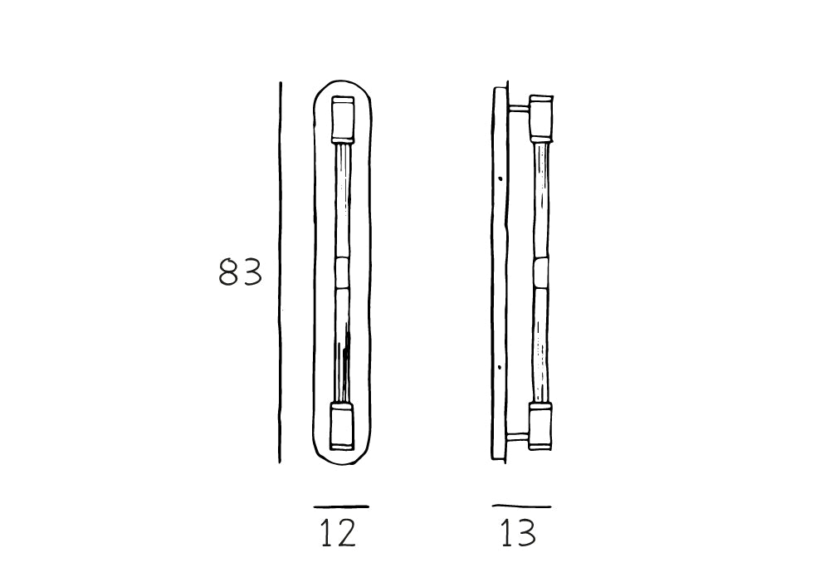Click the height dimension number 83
click(241, 272)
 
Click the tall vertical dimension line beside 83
click(280, 272)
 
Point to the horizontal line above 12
click(341, 506)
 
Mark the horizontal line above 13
click(521, 506)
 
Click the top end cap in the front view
click(343, 119)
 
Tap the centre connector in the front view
click(342, 272)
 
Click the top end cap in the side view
click(541, 119)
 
